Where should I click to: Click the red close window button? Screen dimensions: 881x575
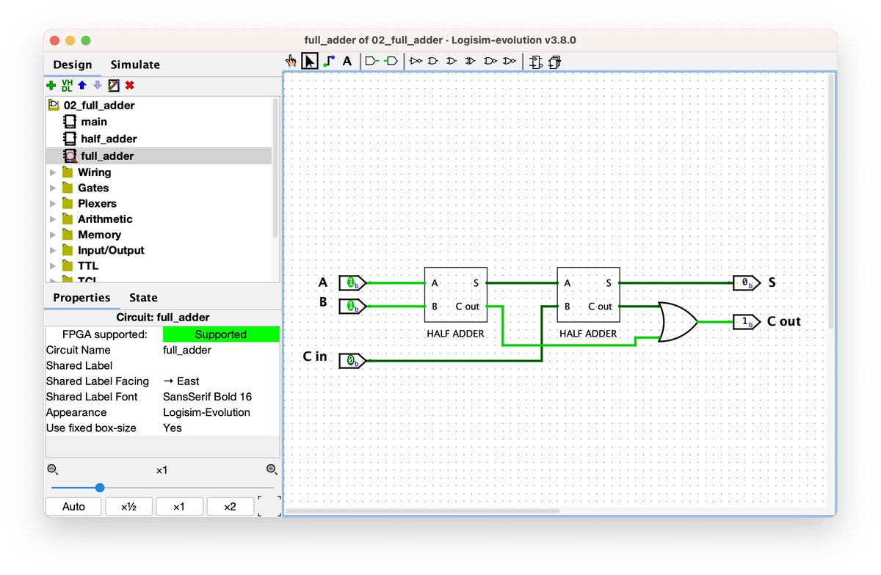[54, 40]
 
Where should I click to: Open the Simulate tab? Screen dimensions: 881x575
[135, 65]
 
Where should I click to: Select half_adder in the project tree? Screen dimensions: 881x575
[109, 139]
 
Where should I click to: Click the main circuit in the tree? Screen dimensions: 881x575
[94, 122]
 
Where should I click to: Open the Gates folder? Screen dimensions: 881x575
[93, 188]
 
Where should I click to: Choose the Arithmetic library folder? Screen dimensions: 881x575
[105, 219]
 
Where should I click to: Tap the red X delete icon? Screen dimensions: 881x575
[129, 85]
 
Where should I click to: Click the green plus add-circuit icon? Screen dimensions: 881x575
[51, 85]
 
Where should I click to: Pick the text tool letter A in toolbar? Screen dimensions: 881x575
[347, 62]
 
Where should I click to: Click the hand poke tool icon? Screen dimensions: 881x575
[291, 62]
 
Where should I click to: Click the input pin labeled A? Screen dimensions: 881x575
[352, 282]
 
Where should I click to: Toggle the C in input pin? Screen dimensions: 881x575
[352, 360]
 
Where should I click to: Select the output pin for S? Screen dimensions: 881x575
[747, 282]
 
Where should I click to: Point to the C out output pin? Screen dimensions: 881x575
[747, 322]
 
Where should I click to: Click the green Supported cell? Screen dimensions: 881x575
[221, 334]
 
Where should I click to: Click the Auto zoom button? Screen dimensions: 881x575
[73, 506]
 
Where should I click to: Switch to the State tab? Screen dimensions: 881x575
[143, 298]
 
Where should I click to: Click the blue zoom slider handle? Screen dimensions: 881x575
[100, 488]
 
